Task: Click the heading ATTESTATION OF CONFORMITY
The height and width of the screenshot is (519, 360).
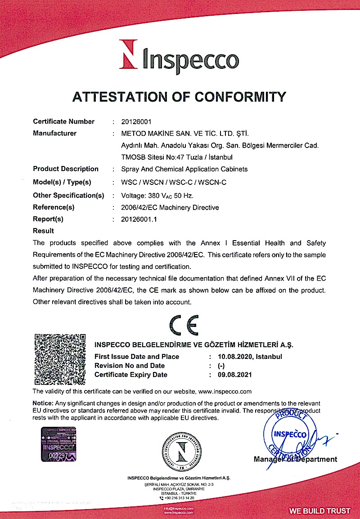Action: (x=180, y=97)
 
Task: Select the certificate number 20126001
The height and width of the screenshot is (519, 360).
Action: (x=137, y=121)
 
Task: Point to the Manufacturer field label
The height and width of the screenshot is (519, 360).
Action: (x=55, y=133)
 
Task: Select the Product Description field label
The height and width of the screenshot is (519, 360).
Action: (x=66, y=169)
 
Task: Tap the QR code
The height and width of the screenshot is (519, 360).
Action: (x=60, y=359)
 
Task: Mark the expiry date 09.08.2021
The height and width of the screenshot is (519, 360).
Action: (x=235, y=375)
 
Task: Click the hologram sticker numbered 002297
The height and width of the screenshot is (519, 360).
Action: (x=59, y=444)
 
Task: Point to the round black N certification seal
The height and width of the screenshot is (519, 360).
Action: (x=182, y=450)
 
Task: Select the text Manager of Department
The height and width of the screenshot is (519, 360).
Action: (x=295, y=459)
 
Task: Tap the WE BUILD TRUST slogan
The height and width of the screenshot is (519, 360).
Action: (x=319, y=511)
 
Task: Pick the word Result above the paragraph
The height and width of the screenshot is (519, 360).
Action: (x=44, y=231)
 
